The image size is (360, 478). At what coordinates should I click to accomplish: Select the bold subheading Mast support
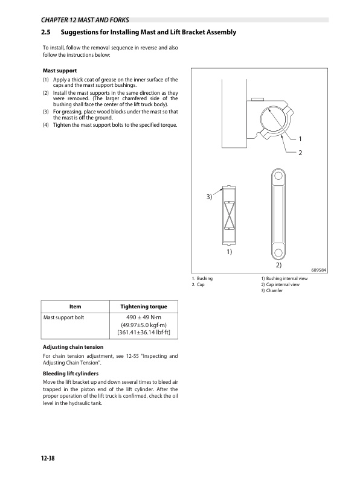pyautogui.click(x=59, y=71)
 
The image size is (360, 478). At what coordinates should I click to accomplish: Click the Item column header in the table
pyautogui.click(x=76, y=307)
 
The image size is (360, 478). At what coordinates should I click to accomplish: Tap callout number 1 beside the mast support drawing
pyautogui.click(x=299, y=139)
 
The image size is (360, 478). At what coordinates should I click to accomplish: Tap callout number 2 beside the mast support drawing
pyautogui.click(x=299, y=153)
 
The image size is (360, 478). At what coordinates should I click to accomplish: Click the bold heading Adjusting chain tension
pyautogui.click(x=72, y=347)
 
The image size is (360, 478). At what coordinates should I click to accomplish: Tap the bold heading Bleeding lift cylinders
pyautogui.click(x=69, y=374)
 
